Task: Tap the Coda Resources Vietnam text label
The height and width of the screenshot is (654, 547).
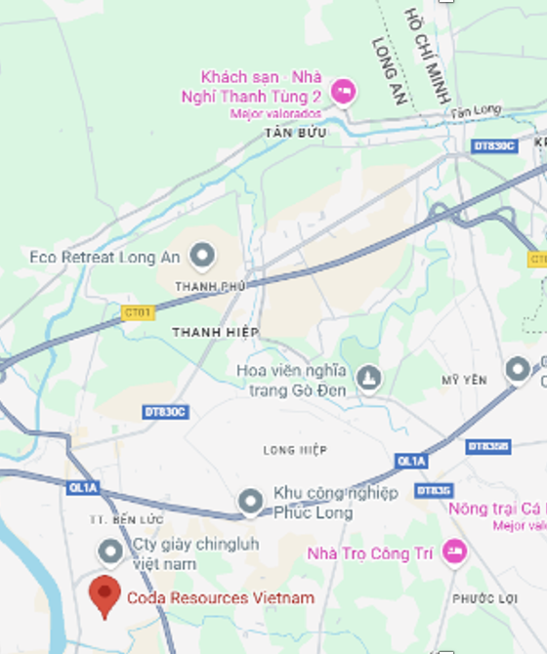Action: pos(221,597)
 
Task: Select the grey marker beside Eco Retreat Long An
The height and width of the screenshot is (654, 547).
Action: pos(202,257)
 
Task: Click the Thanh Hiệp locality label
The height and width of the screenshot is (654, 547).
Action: pos(215,332)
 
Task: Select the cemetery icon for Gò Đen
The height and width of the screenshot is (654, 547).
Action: pos(369,378)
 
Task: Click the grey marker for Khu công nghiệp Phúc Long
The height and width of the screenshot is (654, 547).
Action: pos(251,502)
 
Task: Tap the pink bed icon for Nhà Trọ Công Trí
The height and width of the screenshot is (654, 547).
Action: pos(454,552)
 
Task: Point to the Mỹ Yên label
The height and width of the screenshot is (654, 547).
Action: pos(464,380)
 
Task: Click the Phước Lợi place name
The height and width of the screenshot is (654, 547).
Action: pos(484,598)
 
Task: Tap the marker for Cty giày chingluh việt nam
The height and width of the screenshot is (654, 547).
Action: pos(111,552)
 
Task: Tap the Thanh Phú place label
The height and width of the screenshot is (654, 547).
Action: pos(206,286)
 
